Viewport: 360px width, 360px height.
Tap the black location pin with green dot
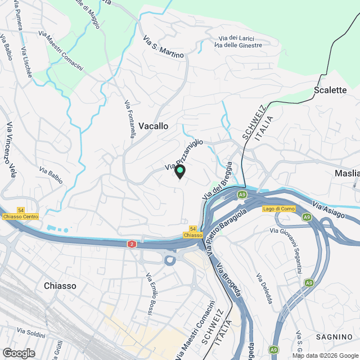coord(179,172)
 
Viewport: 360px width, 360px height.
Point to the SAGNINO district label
coord(334,336)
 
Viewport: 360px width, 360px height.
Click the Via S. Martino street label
coord(164,47)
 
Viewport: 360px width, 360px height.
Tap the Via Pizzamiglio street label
coord(183,155)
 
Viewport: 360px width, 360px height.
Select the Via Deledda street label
coord(264,289)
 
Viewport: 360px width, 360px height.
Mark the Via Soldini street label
coord(31,333)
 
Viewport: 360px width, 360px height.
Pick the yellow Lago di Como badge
coord(279,209)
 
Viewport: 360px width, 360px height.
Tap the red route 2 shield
coord(132,244)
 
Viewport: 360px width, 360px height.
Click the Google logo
coord(18,353)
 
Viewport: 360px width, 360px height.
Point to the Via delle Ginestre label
coord(238,45)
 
